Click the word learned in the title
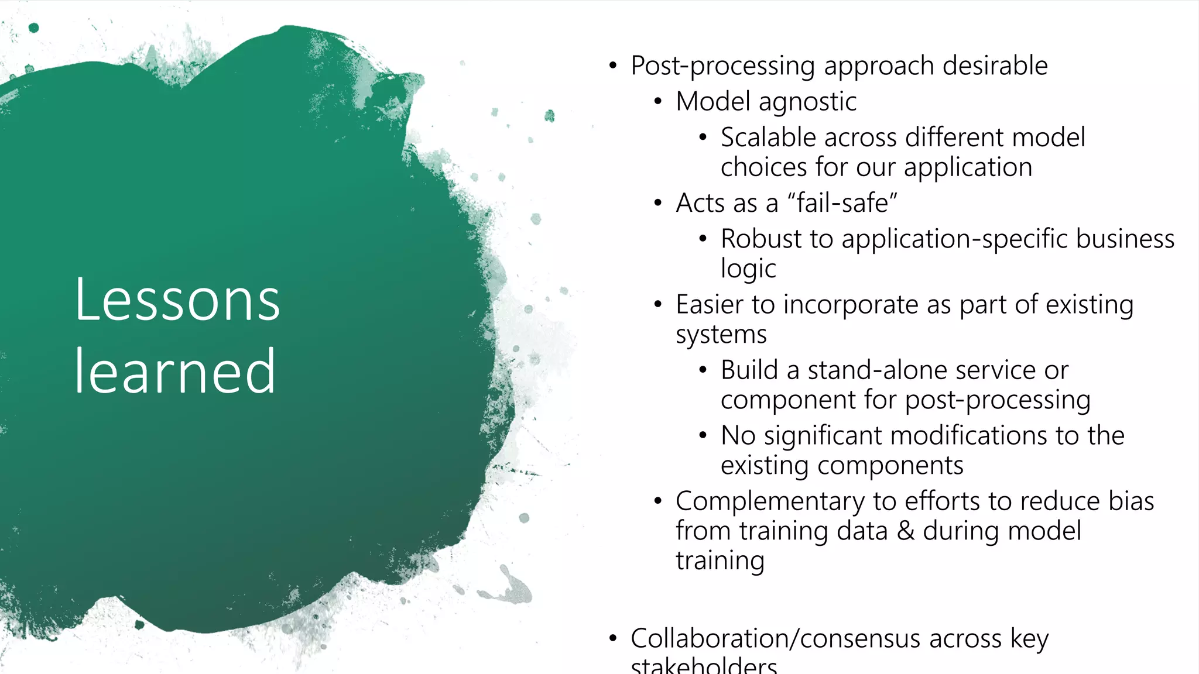point(175,372)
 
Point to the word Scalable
point(768,137)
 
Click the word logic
point(748,269)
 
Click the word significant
point(823,435)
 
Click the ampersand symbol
point(905,531)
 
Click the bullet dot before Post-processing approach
point(612,66)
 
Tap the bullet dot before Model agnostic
point(658,102)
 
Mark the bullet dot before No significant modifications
point(703,435)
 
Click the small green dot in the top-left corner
point(34,27)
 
